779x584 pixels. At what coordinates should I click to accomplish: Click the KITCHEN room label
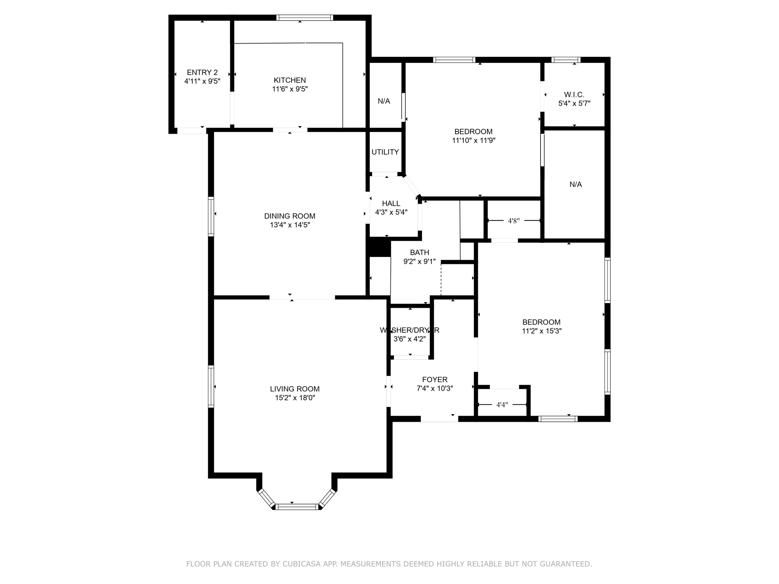click(x=290, y=80)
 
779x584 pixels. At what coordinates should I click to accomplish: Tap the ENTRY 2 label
click(x=202, y=72)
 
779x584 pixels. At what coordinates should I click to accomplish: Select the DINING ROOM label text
click(x=290, y=216)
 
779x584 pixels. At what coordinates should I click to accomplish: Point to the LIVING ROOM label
click(x=295, y=389)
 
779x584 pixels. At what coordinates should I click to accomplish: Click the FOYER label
click(x=435, y=380)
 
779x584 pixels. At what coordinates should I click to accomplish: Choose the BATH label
click(x=419, y=252)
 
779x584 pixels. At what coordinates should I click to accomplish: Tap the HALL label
click(x=391, y=203)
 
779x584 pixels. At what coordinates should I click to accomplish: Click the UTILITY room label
click(x=385, y=152)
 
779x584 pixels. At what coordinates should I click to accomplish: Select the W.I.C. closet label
click(x=574, y=95)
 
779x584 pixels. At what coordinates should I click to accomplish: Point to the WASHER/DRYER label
click(x=410, y=330)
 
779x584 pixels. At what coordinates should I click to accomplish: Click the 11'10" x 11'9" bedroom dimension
click(x=474, y=141)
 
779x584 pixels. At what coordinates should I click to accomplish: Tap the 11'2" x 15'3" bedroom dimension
click(x=542, y=331)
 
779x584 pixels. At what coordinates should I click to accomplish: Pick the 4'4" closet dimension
click(x=502, y=405)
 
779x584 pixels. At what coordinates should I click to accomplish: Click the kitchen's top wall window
click(x=305, y=18)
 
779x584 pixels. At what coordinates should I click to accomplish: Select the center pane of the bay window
click(x=297, y=507)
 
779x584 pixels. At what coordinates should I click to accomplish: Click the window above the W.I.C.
click(x=566, y=60)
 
